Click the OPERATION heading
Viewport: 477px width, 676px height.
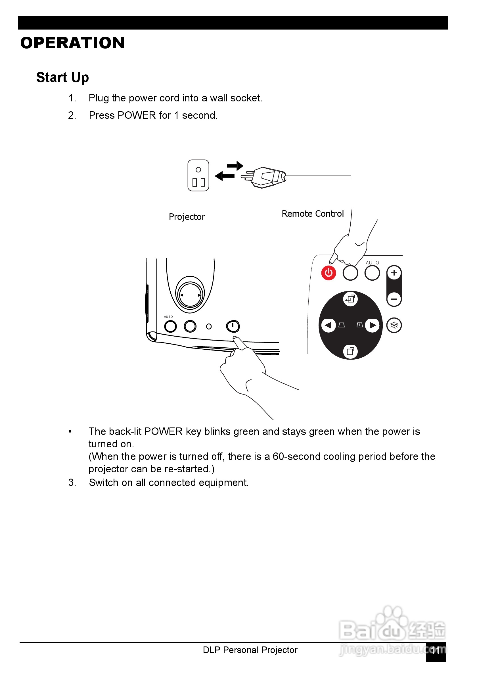point(72,43)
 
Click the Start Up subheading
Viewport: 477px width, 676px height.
point(62,78)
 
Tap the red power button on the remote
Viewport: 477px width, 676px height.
point(329,273)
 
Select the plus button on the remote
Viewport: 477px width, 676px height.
point(394,273)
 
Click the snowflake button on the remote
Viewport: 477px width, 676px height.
point(394,325)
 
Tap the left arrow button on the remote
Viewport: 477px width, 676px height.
point(328,325)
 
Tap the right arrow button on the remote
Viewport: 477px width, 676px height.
point(373,325)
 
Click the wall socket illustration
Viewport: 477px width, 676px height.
point(198,176)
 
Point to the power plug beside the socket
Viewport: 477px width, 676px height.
point(266,177)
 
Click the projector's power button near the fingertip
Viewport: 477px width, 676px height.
point(233,326)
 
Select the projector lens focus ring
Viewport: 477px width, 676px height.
point(190,295)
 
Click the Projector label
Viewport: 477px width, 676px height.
point(187,217)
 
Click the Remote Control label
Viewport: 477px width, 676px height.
point(313,214)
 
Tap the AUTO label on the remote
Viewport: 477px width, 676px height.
point(372,263)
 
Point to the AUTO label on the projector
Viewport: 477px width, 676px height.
point(168,317)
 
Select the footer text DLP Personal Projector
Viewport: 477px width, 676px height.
point(250,650)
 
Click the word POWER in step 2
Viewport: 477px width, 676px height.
point(137,115)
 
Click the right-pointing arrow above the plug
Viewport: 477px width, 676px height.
point(235,166)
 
